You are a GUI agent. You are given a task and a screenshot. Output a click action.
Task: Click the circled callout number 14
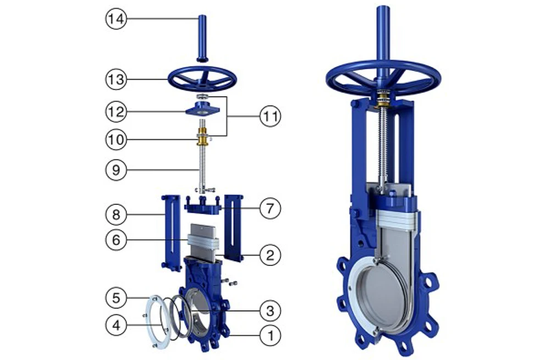116,19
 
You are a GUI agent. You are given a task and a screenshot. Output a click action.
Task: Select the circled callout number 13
116,80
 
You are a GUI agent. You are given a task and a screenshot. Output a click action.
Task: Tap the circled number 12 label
116,112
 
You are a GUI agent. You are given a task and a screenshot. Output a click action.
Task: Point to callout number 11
270,116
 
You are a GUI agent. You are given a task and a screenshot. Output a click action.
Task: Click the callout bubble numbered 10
116,140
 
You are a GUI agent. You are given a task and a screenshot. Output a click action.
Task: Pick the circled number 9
116,170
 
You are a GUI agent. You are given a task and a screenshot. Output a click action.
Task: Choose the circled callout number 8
116,214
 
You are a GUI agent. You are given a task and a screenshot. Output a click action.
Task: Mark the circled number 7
270,208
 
